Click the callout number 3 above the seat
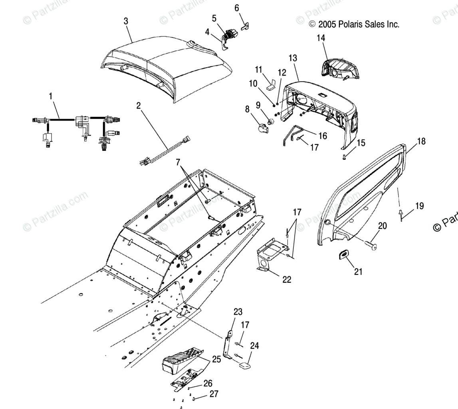tap(126, 21)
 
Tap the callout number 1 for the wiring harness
tap(51, 96)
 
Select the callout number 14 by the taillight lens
tap(321, 38)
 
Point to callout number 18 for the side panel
tap(421, 141)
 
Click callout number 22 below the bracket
tap(287, 279)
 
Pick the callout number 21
tap(358, 272)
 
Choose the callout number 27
tap(214, 394)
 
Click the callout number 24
tap(254, 346)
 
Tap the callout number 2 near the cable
tap(139, 106)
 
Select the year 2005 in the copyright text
tap(327, 24)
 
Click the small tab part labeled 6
tap(246, 26)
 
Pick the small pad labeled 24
tap(244, 365)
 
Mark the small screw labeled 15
tap(343, 158)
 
